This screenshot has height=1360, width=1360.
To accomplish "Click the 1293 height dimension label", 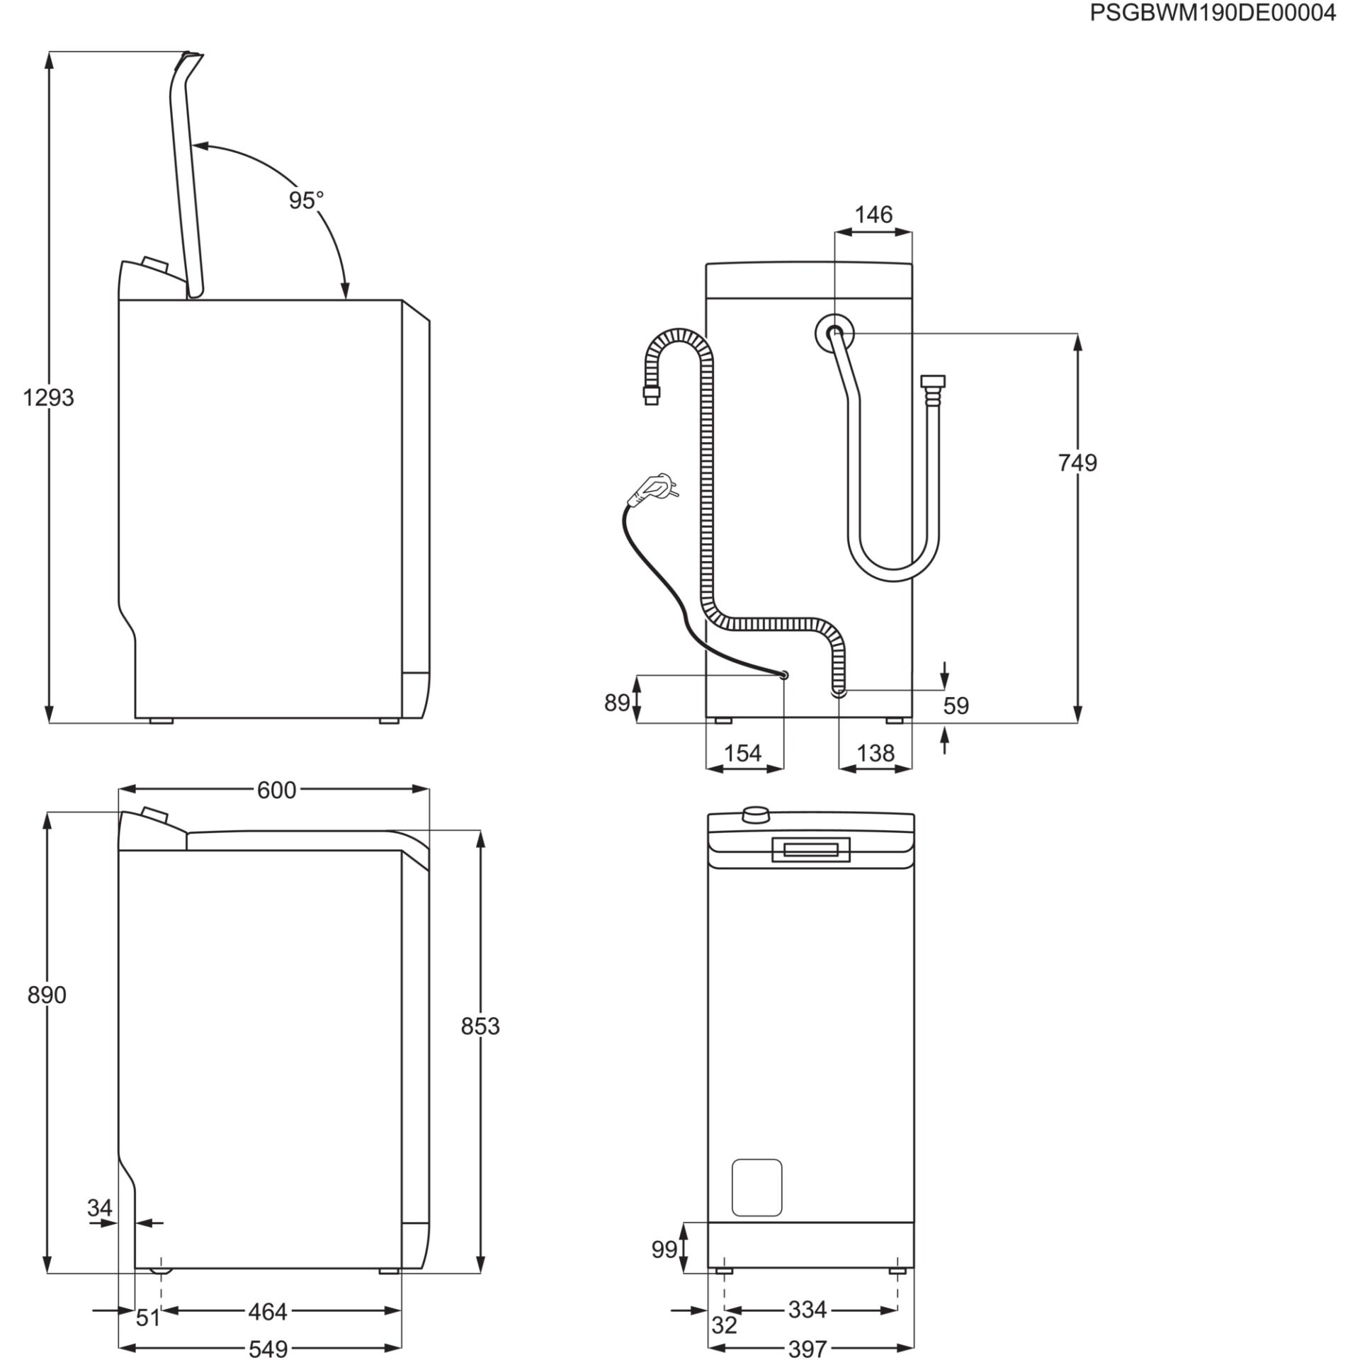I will [x=48, y=398].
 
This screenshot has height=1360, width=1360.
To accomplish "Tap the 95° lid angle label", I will [x=305, y=200].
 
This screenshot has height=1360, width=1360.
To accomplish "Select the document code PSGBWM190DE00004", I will [x=1212, y=13].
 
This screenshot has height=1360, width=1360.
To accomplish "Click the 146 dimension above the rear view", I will [x=873, y=215].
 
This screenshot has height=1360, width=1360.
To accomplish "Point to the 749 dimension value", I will [x=1077, y=463].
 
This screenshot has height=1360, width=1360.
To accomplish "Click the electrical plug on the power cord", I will [x=657, y=487].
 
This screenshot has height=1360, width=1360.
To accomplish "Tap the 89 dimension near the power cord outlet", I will [x=616, y=703].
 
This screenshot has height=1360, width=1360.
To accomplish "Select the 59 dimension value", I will [x=956, y=705].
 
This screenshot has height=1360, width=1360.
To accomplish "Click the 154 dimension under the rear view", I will [x=742, y=753].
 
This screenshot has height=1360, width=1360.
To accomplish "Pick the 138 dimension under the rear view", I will [x=875, y=753].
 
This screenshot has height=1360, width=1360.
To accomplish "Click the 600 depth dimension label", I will [x=276, y=790].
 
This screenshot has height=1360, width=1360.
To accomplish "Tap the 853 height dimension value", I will [x=480, y=1026].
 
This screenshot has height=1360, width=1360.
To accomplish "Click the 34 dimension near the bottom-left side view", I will [x=100, y=1208].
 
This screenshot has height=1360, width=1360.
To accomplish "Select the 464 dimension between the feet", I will [x=267, y=1312].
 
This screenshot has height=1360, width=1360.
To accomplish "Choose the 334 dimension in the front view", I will [x=807, y=1310].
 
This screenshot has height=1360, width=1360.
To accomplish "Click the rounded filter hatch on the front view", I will [x=756, y=1187].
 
